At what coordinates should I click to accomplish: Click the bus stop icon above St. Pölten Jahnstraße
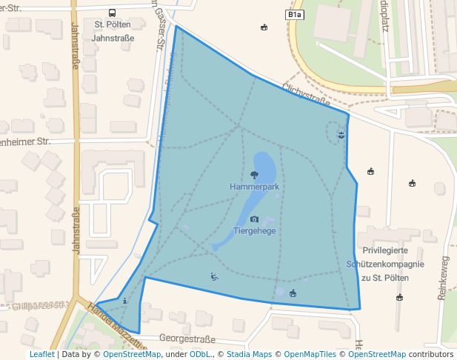[x=112, y=13]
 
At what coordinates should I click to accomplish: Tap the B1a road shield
[x=294, y=14]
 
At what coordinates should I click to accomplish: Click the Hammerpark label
[x=254, y=187]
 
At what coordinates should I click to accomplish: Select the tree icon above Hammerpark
[x=254, y=175]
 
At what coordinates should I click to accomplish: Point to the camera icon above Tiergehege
[x=255, y=219]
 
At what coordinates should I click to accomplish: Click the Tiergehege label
[x=255, y=231]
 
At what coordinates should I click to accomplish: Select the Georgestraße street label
[x=187, y=339]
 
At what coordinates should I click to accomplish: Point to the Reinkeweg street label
[x=444, y=278]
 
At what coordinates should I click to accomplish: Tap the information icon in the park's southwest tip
[x=124, y=301]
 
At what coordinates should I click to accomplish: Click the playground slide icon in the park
[x=214, y=277]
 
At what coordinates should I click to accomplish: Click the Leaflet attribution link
[x=42, y=354]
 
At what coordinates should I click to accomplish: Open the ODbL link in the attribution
[x=199, y=354]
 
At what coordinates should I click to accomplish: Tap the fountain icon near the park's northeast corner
[x=341, y=134]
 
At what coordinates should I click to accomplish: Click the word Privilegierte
[x=385, y=250]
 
